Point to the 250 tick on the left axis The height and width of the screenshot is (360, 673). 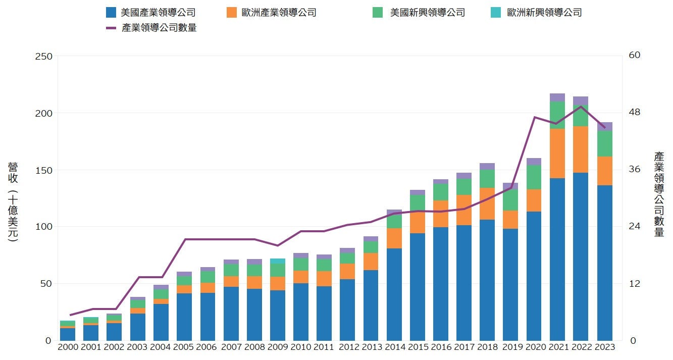[x=43, y=56]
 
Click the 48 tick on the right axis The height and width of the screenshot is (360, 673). [x=634, y=112]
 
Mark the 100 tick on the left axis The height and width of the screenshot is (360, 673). [x=43, y=227]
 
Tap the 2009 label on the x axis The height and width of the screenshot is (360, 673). [x=277, y=347]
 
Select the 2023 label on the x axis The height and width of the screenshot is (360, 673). [x=604, y=347]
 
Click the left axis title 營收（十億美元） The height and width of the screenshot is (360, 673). [x=13, y=202]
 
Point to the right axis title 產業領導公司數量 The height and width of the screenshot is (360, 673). [x=659, y=194]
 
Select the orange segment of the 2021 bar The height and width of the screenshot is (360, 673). [x=557, y=153]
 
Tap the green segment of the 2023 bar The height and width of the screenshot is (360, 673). [x=604, y=143]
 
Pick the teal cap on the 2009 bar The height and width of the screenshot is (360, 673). [x=277, y=261]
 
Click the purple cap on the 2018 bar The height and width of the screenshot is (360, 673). [x=487, y=167]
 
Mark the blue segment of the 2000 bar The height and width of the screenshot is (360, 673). [x=68, y=334]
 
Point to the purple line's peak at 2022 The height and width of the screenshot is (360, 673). [x=581, y=106]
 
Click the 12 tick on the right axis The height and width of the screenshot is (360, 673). [x=634, y=284]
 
